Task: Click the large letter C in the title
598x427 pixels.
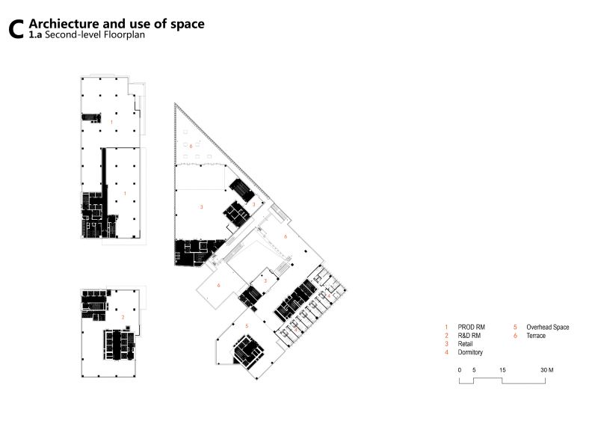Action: coord(16,29)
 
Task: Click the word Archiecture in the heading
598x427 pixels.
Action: coord(64,24)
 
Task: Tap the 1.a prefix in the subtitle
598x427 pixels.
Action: coord(35,34)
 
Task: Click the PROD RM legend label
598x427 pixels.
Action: coord(471,327)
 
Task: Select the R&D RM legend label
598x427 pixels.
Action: coord(469,336)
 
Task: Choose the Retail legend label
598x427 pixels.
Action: coord(465,344)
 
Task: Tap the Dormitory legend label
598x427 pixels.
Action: coord(470,352)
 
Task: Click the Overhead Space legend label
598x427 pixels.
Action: coord(548,327)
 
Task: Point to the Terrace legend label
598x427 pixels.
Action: coord(536,336)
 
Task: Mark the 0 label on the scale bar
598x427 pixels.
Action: coord(460,369)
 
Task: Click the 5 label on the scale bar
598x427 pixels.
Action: coord(474,369)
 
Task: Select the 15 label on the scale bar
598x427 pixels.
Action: coord(502,369)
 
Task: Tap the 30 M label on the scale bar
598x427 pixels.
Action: coord(547,369)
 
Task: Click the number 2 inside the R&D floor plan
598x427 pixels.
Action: coord(123,317)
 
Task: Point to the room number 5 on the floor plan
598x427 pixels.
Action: coord(247,325)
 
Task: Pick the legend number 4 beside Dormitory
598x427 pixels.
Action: coord(446,352)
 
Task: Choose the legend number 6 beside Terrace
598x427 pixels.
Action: coord(515,336)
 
